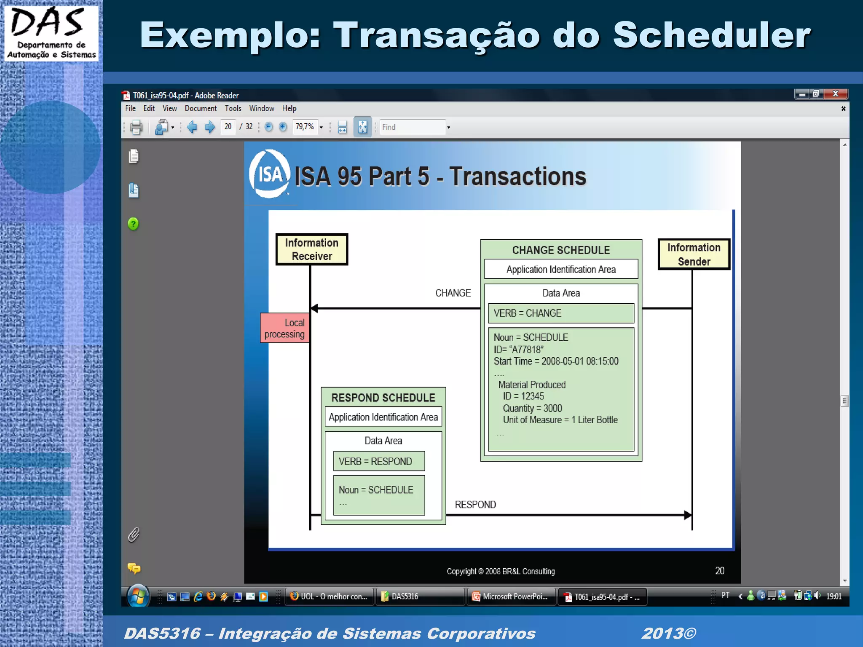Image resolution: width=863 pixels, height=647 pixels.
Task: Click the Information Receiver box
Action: click(x=312, y=249)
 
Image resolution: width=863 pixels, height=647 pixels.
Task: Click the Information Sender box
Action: click(x=694, y=254)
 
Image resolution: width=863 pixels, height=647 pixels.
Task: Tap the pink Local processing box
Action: click(x=285, y=328)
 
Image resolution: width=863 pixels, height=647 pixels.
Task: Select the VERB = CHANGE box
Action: click(x=561, y=313)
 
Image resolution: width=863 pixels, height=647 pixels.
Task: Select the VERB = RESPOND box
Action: click(x=379, y=461)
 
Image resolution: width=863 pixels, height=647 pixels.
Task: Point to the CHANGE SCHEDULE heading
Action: click(x=561, y=250)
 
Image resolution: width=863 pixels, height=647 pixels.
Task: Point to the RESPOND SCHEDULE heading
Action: click(x=383, y=398)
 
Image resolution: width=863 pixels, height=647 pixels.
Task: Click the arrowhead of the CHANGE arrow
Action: click(x=314, y=308)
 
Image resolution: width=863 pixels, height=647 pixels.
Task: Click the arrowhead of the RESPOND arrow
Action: click(x=687, y=515)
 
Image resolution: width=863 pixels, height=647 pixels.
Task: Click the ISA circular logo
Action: click(x=269, y=174)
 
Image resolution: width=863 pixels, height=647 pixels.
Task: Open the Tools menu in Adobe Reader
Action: click(x=233, y=109)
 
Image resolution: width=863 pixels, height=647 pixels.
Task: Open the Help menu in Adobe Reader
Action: click(x=289, y=109)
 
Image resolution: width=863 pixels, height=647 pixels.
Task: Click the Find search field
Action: click(x=412, y=127)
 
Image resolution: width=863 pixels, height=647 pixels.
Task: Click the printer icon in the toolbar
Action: click(x=136, y=127)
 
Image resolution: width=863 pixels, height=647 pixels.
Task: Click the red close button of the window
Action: click(x=836, y=94)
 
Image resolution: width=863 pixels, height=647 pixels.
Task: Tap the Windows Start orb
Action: click(x=138, y=596)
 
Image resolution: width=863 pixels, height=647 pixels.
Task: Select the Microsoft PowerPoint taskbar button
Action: click(x=511, y=596)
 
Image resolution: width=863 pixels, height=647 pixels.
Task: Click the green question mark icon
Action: click(x=133, y=224)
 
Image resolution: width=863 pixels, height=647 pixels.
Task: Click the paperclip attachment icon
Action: click(x=134, y=535)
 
